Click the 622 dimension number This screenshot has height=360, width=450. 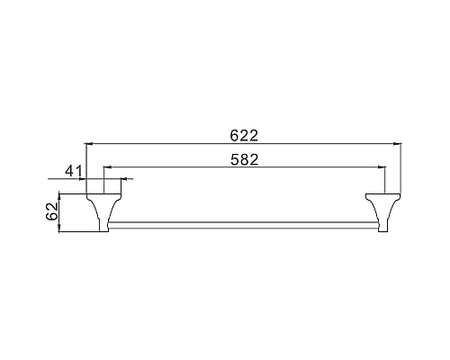click(244, 136)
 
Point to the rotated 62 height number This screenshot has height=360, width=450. click(52, 212)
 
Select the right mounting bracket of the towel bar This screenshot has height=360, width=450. click(382, 210)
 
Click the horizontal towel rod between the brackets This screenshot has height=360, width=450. click(243, 222)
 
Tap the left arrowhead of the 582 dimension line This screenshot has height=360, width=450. click(106, 167)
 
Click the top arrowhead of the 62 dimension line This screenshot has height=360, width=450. click(60, 194)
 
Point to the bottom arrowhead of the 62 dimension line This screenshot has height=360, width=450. click(60, 228)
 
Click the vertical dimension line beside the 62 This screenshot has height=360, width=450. click(60, 211)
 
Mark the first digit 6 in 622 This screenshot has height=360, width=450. click(234, 136)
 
